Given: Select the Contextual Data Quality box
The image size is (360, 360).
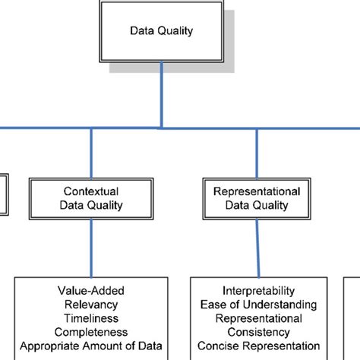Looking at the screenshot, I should click(90, 198).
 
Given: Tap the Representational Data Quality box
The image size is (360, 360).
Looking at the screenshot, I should click(256, 198).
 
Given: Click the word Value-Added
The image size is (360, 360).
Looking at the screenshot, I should click(91, 291).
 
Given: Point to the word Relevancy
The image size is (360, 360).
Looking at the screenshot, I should click(91, 305).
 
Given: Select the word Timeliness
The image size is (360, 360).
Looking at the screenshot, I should click(91, 318).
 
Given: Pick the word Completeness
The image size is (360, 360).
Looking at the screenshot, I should click(91, 332).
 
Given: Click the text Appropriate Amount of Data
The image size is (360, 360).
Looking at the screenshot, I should click(91, 346).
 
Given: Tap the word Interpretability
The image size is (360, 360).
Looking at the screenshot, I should click(257, 291).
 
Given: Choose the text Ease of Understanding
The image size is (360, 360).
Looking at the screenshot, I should click(257, 305).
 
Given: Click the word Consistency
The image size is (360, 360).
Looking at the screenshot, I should click(257, 332).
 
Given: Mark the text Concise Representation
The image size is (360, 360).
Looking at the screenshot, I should click(257, 346).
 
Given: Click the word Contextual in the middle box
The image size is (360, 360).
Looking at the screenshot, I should click(90, 191).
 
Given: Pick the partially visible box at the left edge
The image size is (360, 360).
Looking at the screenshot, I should click(3, 194).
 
